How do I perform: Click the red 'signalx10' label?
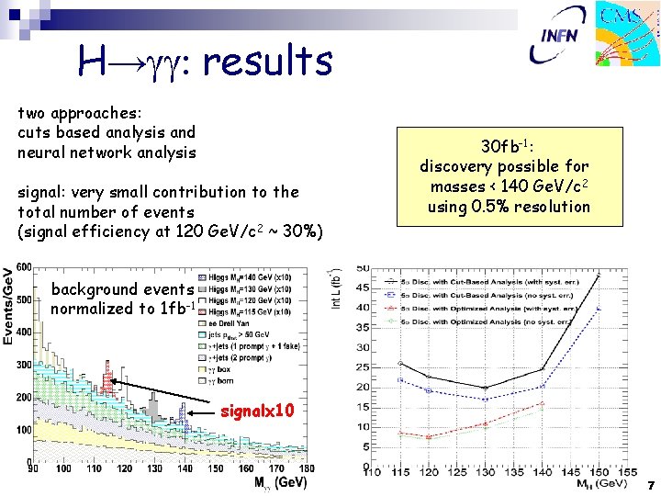258,411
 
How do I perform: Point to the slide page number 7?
650,484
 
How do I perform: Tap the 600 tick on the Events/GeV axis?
21,268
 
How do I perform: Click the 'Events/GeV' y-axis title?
8,307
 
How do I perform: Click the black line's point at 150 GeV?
599,274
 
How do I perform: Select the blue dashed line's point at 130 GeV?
485,399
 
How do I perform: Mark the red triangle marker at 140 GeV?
543,403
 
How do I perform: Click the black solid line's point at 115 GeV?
399,363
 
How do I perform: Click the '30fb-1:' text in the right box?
504,147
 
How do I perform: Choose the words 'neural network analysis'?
107,152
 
